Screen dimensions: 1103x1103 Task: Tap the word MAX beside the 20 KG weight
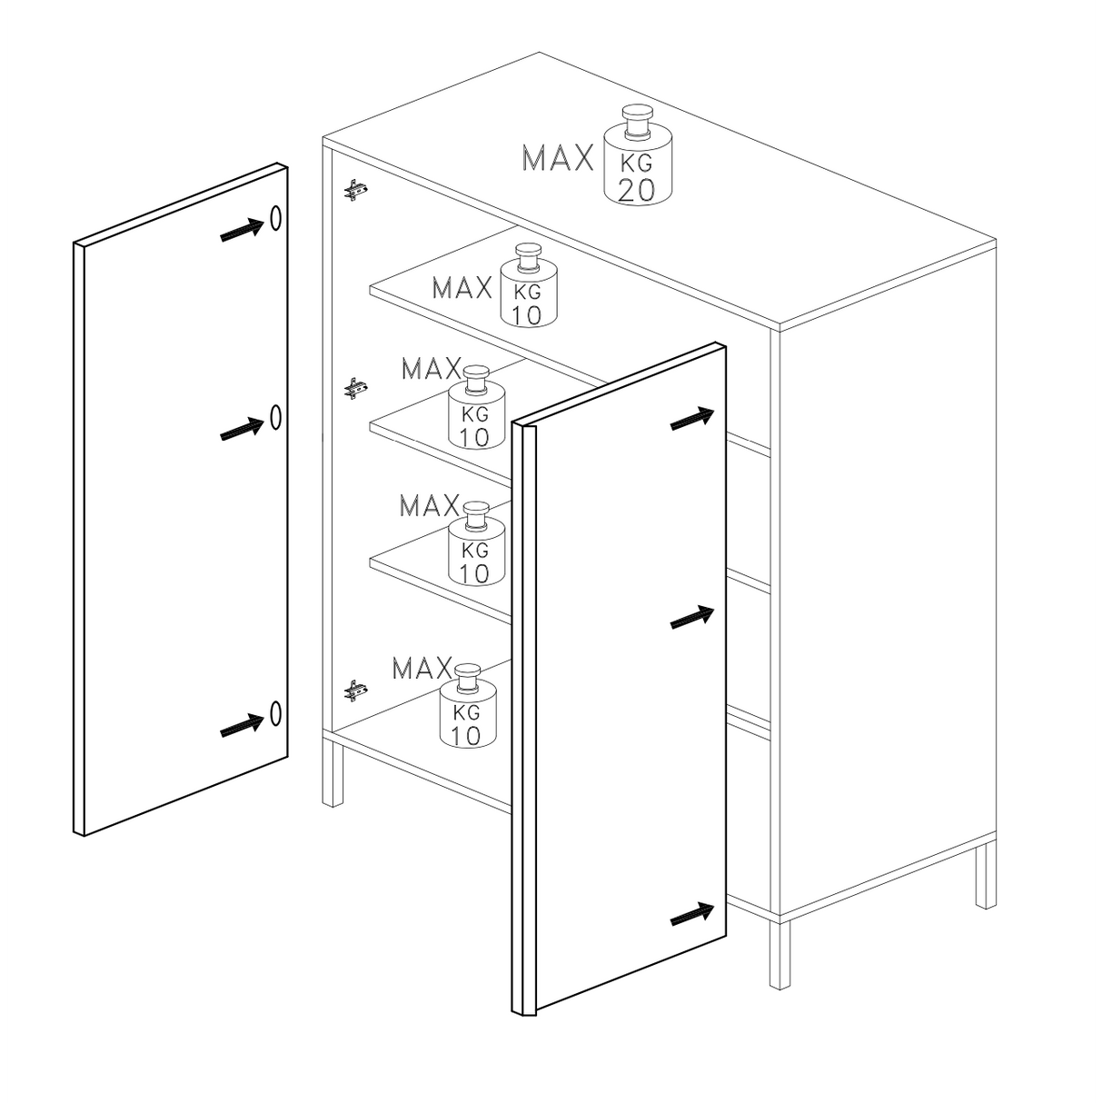click(x=558, y=158)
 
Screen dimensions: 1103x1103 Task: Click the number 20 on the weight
click(x=637, y=191)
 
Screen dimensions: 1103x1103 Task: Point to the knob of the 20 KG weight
click(x=638, y=120)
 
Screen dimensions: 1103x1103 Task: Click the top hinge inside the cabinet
click(x=355, y=190)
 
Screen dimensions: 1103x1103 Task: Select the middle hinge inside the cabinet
click(x=355, y=389)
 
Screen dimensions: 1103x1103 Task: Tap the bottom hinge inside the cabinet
click(x=355, y=691)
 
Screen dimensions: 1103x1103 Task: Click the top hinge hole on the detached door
click(x=276, y=218)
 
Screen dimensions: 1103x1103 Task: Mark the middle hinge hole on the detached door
click(x=276, y=417)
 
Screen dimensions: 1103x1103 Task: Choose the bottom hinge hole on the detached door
click(x=276, y=713)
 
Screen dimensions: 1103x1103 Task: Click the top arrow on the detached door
click(x=242, y=230)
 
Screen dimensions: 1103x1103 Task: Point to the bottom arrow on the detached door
click(x=242, y=725)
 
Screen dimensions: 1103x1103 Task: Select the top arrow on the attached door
click(x=692, y=419)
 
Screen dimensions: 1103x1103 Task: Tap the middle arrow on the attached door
click(x=692, y=617)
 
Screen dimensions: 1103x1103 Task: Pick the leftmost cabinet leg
click(x=333, y=770)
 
